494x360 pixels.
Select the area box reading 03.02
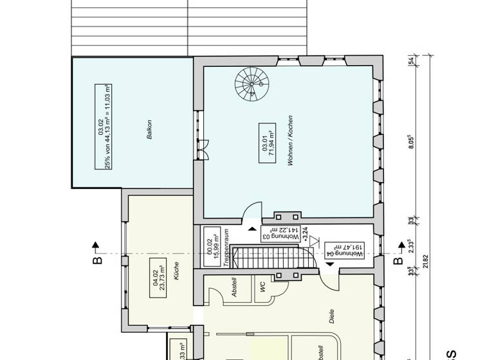[x=102, y=126]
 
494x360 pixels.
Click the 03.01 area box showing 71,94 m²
[x=265, y=143]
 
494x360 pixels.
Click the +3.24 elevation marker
[x=305, y=232]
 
